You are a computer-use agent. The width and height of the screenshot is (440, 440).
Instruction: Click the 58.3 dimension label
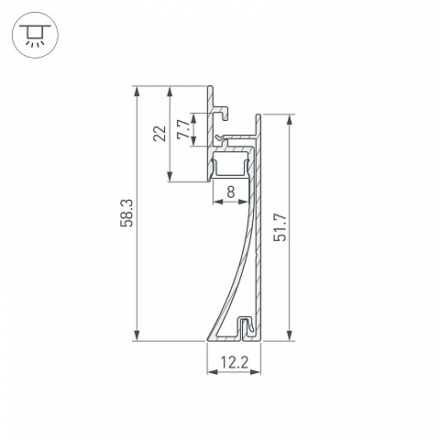click(126, 213)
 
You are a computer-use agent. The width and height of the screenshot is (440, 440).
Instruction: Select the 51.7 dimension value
click(280, 227)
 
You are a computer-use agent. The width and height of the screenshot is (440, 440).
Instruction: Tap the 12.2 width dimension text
click(234, 363)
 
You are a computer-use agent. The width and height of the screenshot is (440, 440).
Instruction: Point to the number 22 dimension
click(159, 133)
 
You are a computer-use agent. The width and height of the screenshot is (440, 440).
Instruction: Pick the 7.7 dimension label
click(183, 129)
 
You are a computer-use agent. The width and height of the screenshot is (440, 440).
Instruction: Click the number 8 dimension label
click(231, 192)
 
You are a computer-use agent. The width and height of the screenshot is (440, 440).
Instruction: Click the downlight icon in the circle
click(35, 35)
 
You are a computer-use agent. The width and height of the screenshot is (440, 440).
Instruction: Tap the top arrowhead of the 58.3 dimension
click(137, 92)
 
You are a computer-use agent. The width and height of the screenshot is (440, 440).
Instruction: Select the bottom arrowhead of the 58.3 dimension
click(137, 335)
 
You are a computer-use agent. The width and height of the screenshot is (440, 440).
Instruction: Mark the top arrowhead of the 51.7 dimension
click(289, 120)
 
